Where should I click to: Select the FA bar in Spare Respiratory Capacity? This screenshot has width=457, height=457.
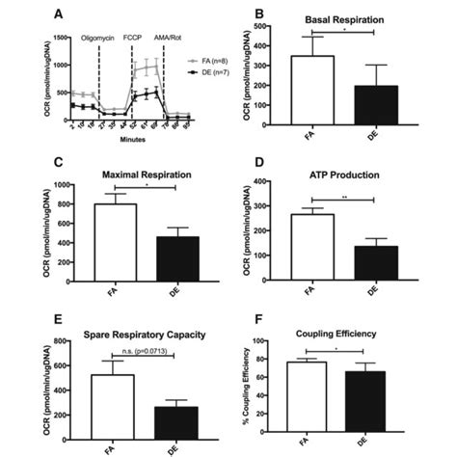point(108,397)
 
